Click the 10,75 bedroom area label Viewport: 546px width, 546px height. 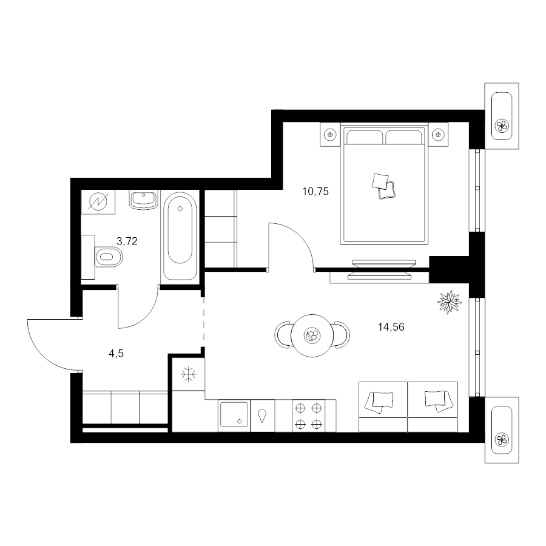coord(315,192)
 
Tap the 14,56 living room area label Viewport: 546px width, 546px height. coord(391,327)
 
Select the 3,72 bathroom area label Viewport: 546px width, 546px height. coord(127,241)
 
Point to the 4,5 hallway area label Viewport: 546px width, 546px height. coord(116,354)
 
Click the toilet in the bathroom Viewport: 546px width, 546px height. coord(109,257)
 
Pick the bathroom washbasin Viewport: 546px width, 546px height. coord(143,200)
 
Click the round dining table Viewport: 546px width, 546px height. coord(312,336)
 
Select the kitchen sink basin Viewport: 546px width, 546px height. coord(234,415)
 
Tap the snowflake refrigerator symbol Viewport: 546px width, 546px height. coord(189,374)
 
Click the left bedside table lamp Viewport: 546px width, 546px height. coord(330,135)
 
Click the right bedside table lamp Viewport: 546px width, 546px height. coord(438,135)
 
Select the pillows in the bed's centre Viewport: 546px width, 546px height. coord(383,186)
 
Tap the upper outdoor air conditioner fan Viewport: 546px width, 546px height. coord(502,126)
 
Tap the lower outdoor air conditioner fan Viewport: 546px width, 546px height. coord(502,439)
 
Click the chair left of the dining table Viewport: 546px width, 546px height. coord(283,335)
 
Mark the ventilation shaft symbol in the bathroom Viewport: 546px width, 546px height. coord(98,202)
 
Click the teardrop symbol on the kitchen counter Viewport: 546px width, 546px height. coord(262,416)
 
